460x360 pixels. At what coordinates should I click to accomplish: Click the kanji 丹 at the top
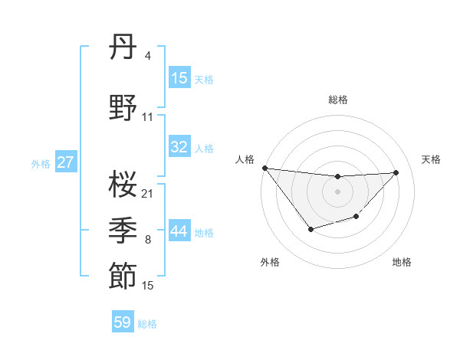point(123,48)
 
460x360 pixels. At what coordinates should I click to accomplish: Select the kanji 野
point(123,109)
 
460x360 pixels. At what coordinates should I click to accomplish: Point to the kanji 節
point(123,277)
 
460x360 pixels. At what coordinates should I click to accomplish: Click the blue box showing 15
point(179,78)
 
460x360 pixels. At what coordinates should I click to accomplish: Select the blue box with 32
point(179,147)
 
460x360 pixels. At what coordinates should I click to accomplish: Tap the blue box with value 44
point(179,231)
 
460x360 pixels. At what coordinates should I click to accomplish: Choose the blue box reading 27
point(66,162)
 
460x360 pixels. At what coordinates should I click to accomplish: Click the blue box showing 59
point(123,322)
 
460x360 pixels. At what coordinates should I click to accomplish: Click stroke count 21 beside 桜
point(148,193)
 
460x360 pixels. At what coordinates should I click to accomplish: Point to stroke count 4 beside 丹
point(147,56)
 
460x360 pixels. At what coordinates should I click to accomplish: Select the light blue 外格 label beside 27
point(41,163)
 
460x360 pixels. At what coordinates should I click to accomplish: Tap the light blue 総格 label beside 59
point(147,323)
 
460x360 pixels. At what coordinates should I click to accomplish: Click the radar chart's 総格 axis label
point(338,100)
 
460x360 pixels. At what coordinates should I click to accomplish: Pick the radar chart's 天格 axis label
point(432,159)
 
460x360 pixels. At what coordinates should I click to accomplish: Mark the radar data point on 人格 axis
point(264,168)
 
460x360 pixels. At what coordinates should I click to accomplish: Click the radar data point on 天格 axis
point(396,172)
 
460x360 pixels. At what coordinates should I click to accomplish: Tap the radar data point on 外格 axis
point(310,229)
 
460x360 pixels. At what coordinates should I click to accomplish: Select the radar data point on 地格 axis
point(356,218)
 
